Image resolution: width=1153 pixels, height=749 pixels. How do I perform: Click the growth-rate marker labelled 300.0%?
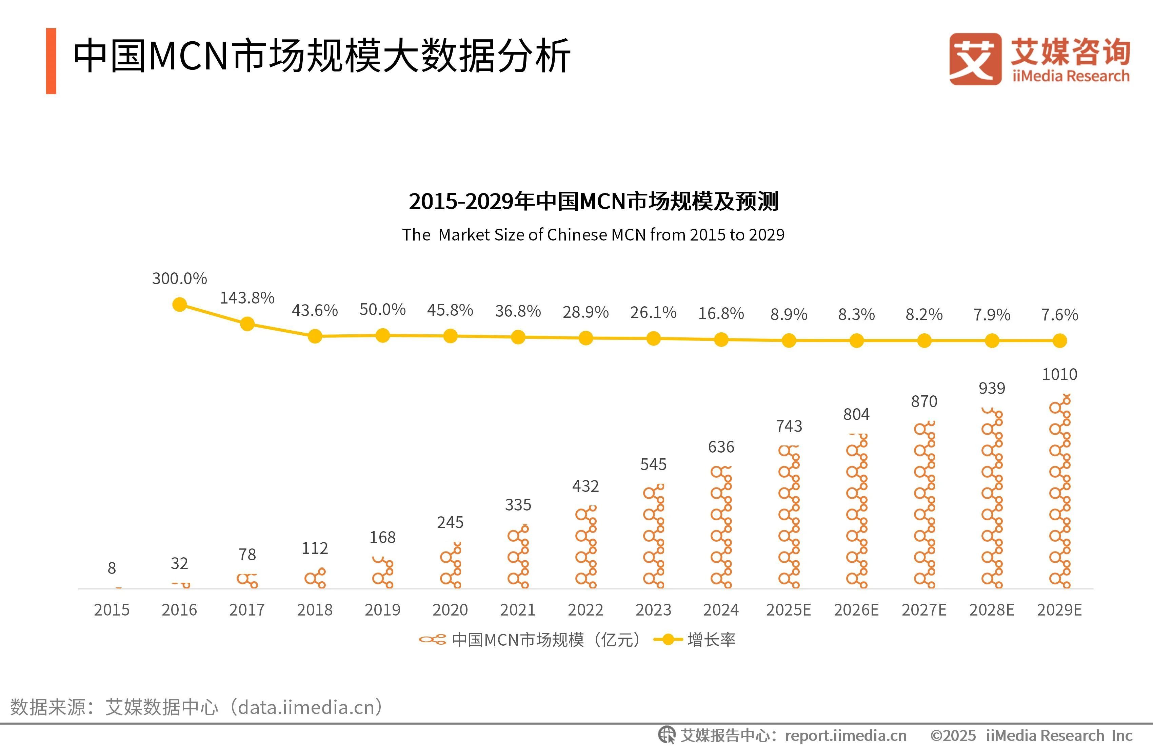click(180, 305)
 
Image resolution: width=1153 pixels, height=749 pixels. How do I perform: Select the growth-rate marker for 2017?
click(247, 324)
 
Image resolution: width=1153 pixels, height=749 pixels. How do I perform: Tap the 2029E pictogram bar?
click(1059, 492)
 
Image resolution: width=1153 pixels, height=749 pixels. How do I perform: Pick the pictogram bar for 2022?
click(586, 547)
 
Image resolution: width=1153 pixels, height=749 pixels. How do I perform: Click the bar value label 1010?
click(1059, 374)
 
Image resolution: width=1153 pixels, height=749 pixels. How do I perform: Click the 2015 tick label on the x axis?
click(112, 609)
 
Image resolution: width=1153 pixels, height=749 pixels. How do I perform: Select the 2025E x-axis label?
click(788, 609)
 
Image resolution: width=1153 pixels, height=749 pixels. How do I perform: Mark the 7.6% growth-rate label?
click(1059, 315)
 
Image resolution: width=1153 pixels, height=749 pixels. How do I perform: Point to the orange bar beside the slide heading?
click(51, 61)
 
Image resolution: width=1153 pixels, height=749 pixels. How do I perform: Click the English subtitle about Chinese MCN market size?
click(593, 235)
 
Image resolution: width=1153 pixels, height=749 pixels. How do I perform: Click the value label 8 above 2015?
click(112, 568)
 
